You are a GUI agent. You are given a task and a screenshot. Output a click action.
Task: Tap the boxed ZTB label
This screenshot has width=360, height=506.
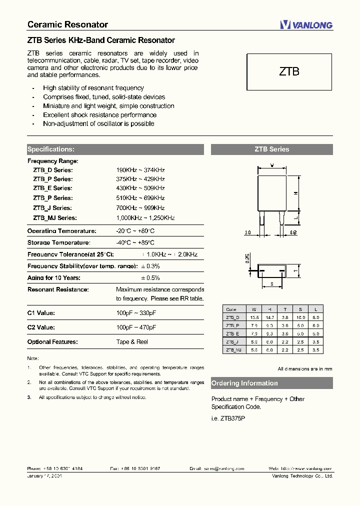pyautogui.click(x=289, y=71)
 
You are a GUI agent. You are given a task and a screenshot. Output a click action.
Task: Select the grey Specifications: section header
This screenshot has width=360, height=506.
pyautogui.click(x=51, y=149)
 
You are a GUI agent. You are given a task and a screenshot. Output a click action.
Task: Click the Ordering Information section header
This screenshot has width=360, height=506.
pyautogui.click(x=244, y=383)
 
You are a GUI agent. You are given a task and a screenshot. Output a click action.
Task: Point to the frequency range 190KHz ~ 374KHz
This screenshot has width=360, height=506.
pyautogui.click(x=140, y=170)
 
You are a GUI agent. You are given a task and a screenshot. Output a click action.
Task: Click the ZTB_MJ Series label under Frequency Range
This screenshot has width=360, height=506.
pyautogui.click(x=55, y=218)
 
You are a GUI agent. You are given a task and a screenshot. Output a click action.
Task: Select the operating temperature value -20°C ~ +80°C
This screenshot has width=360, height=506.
pyautogui.click(x=135, y=231)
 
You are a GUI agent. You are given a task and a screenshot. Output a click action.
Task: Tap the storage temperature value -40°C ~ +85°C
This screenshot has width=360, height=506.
pyautogui.click(x=135, y=243)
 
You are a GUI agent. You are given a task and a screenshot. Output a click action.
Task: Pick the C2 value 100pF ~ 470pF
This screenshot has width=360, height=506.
pyautogui.click(x=136, y=327)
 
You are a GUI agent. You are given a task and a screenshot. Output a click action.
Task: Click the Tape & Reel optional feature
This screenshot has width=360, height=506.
pyautogui.click(x=132, y=342)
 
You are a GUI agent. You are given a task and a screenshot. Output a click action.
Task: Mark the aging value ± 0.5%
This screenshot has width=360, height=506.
pyautogui.click(x=150, y=278)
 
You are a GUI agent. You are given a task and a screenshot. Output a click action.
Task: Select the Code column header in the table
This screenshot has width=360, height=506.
pyautogui.click(x=231, y=309)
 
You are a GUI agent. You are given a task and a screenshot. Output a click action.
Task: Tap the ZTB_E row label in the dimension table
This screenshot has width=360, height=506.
pyautogui.click(x=232, y=333)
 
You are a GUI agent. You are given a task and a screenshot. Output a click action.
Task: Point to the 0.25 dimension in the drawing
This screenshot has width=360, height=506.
pyautogui.click(x=247, y=258)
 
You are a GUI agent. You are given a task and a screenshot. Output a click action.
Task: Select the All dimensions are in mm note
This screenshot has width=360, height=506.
pyautogui.click(x=305, y=369)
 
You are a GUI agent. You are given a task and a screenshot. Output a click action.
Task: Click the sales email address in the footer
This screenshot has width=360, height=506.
pyautogui.click(x=223, y=468)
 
